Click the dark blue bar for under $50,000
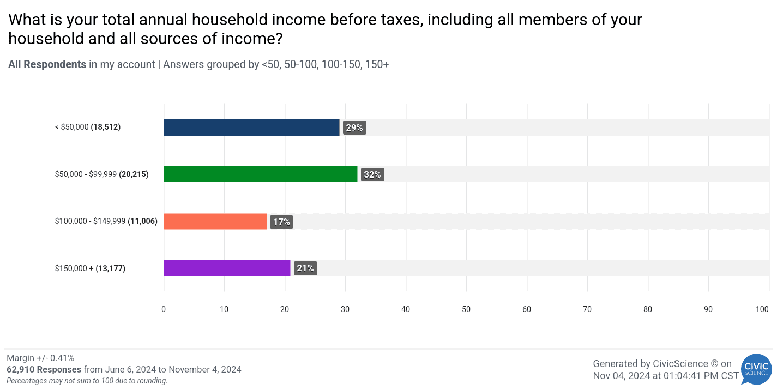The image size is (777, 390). (251, 127)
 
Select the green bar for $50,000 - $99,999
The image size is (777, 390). (261, 174)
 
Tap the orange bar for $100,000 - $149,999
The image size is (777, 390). (215, 222)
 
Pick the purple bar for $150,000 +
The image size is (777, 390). (227, 268)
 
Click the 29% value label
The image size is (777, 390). (354, 128)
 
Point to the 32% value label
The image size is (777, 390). (372, 175)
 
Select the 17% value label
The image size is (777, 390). (282, 222)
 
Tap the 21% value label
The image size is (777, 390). (305, 269)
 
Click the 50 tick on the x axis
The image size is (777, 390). (466, 309)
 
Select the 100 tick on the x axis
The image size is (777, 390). (762, 309)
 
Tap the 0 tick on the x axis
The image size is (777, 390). (164, 309)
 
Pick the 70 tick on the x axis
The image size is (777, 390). (587, 309)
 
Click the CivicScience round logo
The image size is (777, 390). (756, 370)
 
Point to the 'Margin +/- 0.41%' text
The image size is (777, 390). (40, 358)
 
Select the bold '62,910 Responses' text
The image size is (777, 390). (44, 369)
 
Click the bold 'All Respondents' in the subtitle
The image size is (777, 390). (47, 64)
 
